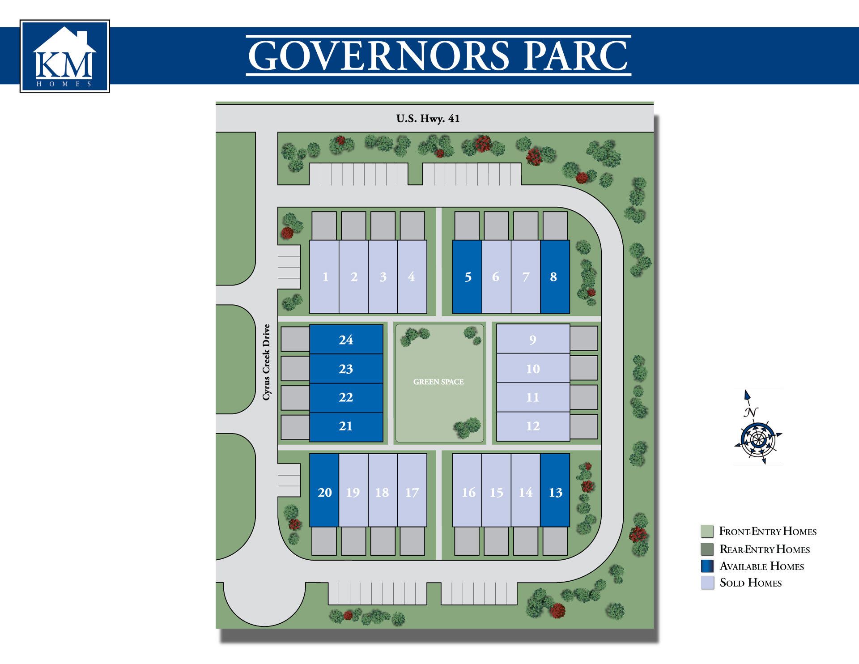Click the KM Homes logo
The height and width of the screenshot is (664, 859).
(64, 56)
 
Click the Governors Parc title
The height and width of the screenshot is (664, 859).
(438, 56)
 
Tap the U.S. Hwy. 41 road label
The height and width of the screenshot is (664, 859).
(428, 119)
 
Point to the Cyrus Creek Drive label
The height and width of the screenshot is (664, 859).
(267, 362)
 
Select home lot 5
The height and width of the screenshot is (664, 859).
(467, 277)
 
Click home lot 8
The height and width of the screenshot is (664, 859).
(555, 277)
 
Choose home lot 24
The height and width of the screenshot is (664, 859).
(346, 340)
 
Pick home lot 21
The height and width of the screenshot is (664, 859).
(346, 426)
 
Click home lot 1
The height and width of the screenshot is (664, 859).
(325, 277)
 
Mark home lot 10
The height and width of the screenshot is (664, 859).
(533, 369)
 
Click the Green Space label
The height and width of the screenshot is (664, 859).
(438, 382)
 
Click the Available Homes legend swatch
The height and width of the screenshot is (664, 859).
(707, 566)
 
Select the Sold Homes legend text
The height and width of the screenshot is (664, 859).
(750, 583)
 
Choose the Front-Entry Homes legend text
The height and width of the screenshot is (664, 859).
(768, 531)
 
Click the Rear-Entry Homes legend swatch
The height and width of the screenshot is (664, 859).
(707, 549)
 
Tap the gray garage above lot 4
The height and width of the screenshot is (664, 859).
(412, 226)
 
